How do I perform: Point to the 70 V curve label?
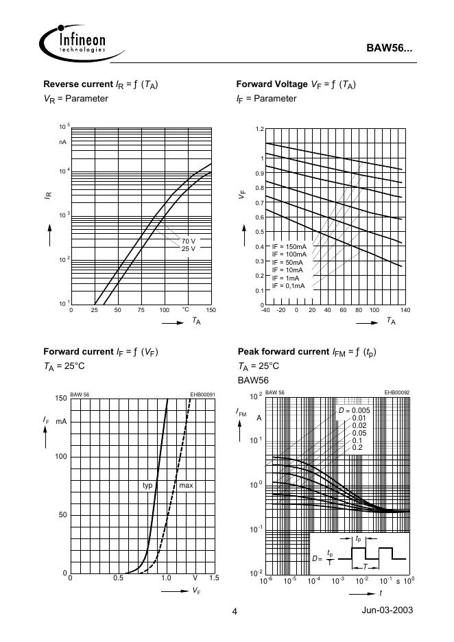(188, 241)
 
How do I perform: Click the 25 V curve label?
(188, 248)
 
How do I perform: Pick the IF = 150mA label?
(289, 246)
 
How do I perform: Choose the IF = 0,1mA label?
(289, 286)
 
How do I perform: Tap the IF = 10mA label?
(287, 270)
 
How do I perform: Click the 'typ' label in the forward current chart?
(147, 486)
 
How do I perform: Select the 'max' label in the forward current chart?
(186, 486)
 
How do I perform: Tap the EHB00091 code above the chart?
(202, 394)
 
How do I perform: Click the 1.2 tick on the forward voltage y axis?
(260, 129)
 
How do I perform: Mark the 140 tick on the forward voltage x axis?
(405, 311)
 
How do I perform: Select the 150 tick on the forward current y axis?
(61, 399)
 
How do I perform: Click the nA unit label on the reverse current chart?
(62, 142)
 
